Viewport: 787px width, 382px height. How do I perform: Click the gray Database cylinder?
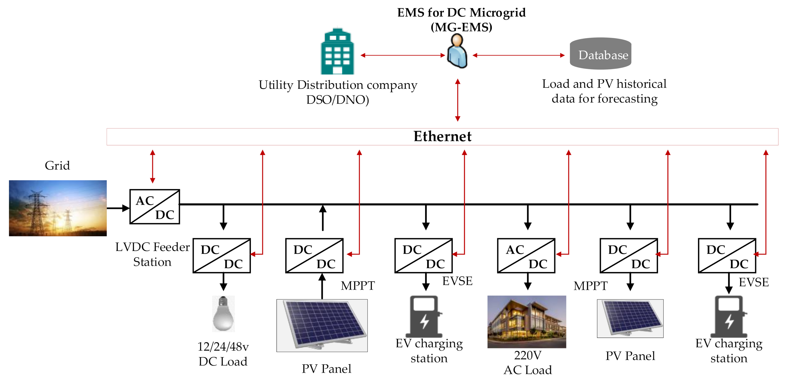(x=600, y=54)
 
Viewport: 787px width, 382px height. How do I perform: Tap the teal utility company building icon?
(x=337, y=52)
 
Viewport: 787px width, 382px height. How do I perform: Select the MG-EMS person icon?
(x=457, y=51)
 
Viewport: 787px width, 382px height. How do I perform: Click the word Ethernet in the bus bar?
(x=442, y=136)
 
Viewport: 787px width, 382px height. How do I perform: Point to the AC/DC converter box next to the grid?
(x=155, y=207)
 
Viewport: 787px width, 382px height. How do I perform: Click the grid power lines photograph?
(x=58, y=208)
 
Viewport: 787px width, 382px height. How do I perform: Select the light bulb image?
(x=223, y=313)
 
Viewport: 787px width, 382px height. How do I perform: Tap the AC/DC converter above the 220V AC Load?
(x=526, y=256)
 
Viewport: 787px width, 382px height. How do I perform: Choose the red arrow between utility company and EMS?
(x=402, y=55)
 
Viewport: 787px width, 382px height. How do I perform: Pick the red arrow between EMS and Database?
(x=519, y=55)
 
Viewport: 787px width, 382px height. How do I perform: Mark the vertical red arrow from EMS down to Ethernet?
(x=457, y=100)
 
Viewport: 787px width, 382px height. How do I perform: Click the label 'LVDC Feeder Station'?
(x=152, y=254)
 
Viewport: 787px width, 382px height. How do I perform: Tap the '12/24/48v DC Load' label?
(x=223, y=354)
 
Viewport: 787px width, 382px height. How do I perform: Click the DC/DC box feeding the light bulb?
(x=222, y=256)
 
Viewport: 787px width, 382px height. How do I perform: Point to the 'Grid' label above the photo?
(x=57, y=166)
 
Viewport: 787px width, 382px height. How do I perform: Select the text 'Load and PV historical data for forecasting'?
(x=604, y=91)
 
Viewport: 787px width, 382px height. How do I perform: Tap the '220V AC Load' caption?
(x=528, y=363)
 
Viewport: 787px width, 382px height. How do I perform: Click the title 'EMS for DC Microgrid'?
(x=461, y=13)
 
